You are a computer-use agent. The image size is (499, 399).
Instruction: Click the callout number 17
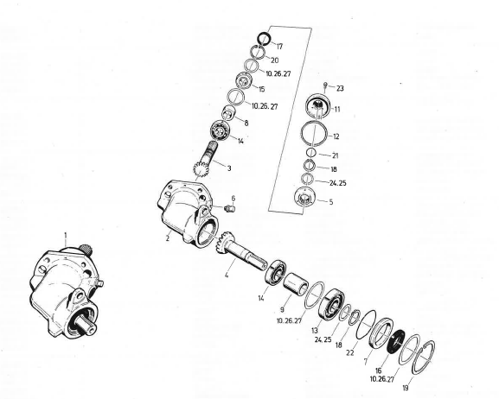(279, 46)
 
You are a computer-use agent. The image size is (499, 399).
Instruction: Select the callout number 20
(273, 60)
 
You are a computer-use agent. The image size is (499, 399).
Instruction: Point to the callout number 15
(260, 89)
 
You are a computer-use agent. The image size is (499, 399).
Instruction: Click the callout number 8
(246, 123)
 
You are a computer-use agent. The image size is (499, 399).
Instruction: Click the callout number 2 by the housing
(168, 238)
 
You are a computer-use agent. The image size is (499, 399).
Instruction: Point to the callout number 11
(336, 110)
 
